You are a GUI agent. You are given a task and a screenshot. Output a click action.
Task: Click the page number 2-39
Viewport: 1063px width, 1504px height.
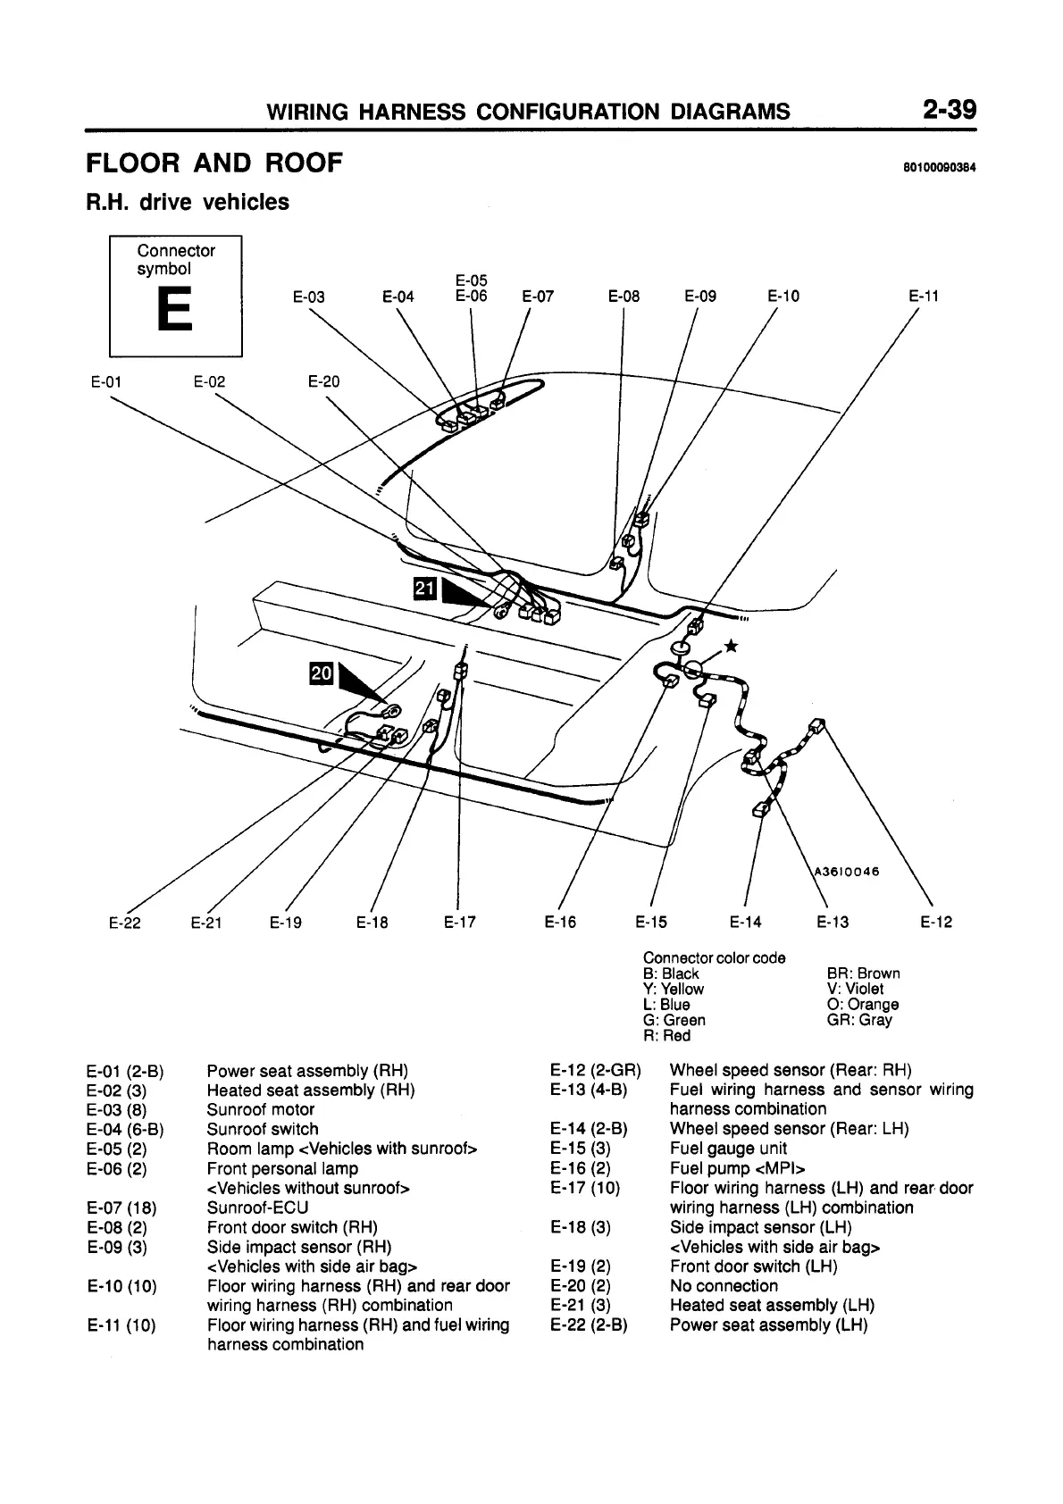[x=950, y=110]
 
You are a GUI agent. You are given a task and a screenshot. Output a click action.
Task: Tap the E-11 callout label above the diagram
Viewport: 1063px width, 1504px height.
[x=923, y=297]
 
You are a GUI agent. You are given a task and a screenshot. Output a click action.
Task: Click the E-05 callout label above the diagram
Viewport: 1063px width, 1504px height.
[x=471, y=281]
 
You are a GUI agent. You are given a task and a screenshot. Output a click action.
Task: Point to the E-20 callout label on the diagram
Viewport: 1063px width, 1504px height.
[x=323, y=382]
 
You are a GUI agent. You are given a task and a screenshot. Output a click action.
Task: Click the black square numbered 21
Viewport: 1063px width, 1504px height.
[x=424, y=587]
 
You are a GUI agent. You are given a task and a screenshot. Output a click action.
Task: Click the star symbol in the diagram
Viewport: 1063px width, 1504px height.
[x=731, y=647]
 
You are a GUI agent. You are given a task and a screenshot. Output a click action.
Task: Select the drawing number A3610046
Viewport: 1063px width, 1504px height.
[x=846, y=872]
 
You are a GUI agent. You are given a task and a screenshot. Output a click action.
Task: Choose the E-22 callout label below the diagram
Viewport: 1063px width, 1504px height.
[x=125, y=923]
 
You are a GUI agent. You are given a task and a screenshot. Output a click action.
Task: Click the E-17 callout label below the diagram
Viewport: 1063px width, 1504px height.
[x=459, y=923]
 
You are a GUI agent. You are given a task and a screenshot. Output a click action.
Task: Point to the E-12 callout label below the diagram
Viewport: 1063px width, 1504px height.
[x=936, y=923]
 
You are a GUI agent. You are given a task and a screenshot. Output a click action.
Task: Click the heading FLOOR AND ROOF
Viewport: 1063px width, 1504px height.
[x=214, y=163]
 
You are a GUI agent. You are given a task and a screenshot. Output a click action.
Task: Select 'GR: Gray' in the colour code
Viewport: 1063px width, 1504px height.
[x=859, y=1020]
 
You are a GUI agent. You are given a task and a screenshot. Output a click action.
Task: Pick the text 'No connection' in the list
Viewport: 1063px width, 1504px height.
[x=724, y=1286]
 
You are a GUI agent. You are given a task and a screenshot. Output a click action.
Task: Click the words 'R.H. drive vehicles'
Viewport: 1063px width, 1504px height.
[x=188, y=203]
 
